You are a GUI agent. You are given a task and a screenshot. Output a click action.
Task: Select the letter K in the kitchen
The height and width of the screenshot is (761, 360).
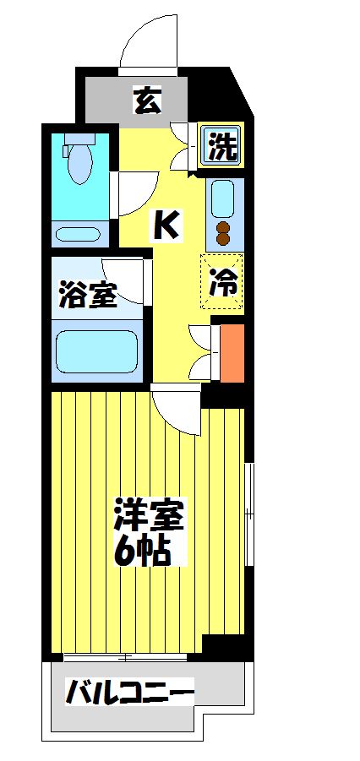click(166, 225)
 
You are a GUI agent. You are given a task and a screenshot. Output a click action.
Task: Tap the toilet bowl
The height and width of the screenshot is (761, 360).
click(81, 160)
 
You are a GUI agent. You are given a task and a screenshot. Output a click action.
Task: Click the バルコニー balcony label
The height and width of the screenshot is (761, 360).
click(130, 693)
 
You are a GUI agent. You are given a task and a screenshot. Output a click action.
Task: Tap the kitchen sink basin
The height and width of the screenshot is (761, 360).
click(225, 199)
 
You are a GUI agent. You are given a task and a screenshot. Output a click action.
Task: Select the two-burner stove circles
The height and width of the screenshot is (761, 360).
click(224, 233)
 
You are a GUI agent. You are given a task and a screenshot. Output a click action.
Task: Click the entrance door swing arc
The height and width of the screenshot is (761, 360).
click(148, 38)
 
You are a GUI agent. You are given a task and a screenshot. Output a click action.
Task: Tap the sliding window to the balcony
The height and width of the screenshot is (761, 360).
click(131, 656)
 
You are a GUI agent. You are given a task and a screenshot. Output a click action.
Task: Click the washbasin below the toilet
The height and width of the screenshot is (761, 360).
click(81, 234)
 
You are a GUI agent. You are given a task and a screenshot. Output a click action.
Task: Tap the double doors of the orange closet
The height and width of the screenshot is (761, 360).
click(203, 351)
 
